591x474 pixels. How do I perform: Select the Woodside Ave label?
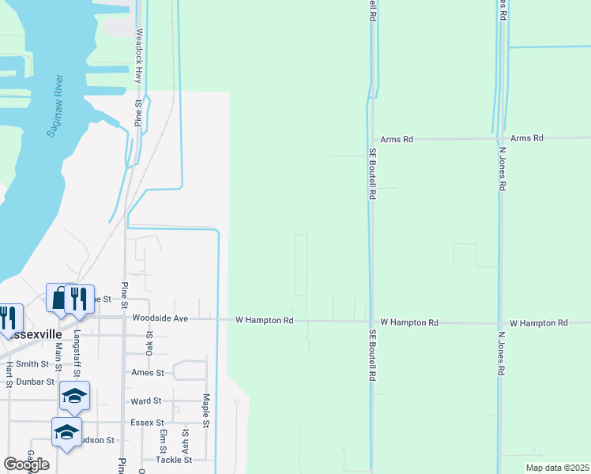160,318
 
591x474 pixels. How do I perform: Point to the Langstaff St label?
77,355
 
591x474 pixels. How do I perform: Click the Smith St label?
32,364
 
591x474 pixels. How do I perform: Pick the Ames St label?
148,372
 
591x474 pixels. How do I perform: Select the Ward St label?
146,401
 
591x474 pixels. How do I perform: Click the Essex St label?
146,423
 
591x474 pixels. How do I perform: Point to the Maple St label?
205,411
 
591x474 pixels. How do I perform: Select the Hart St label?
9,374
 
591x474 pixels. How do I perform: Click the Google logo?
26,465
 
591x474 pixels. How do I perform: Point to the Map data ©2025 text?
556,468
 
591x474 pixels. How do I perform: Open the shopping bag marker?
59,299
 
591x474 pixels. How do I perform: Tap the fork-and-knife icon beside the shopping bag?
79,299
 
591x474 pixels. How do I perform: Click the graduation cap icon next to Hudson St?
66,432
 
